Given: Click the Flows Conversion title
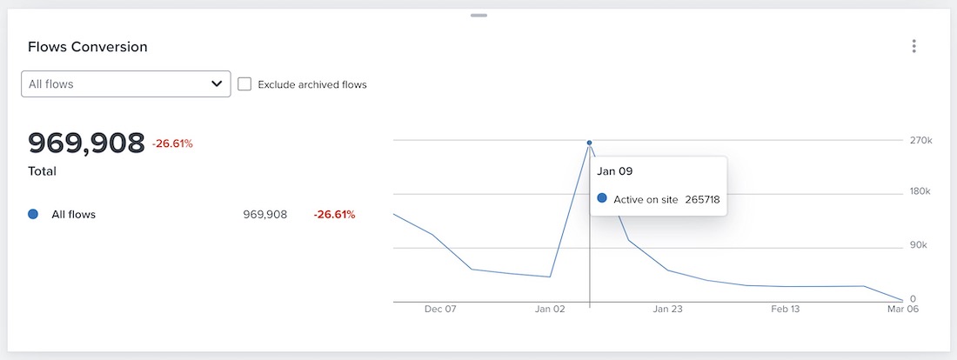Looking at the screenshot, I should [x=88, y=47].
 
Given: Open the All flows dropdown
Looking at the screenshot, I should [x=125, y=84].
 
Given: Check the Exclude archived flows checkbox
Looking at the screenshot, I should [x=244, y=84].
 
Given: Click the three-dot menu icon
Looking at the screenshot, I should [x=913, y=46].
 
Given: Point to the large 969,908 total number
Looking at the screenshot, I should [x=86, y=143].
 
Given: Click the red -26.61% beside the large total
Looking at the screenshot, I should [x=172, y=143].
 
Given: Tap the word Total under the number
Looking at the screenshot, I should [x=43, y=171].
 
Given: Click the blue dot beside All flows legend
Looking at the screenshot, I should [x=33, y=214].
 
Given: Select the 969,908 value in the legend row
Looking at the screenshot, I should [x=265, y=214].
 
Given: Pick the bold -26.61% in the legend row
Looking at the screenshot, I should [x=334, y=214].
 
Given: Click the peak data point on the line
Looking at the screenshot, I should [x=589, y=143].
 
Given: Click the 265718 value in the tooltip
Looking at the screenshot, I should [x=702, y=199].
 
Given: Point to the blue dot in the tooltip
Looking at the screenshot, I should [x=602, y=199].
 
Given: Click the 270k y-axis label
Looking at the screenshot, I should [x=921, y=140].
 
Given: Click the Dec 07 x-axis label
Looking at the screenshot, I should [x=440, y=309].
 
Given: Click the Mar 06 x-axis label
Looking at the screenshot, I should [x=903, y=309].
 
